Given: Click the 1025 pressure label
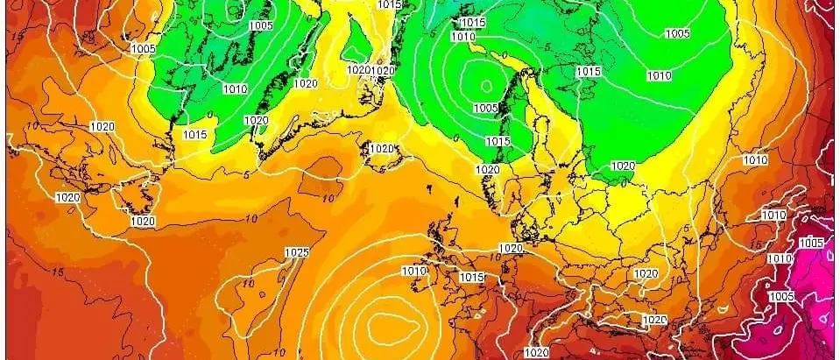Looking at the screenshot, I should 297,253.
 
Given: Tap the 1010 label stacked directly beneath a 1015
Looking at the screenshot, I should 463,37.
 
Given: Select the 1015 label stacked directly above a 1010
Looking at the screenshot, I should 472,22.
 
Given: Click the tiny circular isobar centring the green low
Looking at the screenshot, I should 487,86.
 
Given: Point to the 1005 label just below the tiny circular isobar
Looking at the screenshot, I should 486,108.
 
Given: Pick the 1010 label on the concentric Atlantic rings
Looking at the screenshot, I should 414,272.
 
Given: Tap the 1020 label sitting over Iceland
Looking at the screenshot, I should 382,149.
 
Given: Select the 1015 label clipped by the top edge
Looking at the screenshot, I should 390,4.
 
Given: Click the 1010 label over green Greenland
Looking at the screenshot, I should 235,89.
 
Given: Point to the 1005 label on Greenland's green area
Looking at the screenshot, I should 260,26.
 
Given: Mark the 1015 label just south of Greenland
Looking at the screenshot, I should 195,135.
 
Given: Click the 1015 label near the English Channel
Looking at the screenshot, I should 472,277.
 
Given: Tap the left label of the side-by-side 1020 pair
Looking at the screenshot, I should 358,70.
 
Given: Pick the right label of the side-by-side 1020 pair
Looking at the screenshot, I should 383,70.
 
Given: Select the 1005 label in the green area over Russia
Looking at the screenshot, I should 676,34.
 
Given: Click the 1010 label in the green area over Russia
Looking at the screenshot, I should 659,76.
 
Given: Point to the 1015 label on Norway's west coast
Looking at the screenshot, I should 498,141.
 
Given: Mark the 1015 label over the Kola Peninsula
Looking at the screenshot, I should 589,71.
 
